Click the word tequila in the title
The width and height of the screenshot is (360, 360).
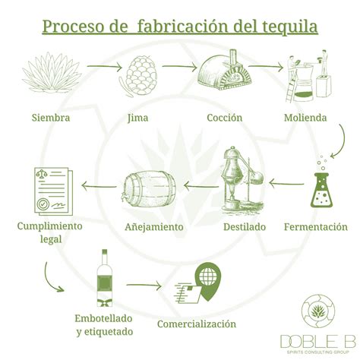(283, 28)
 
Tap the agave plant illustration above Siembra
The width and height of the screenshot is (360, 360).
(51, 74)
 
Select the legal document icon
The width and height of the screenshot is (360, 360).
(49, 190)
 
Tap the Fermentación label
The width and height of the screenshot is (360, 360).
(316, 226)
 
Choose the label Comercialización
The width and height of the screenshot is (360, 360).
(196, 324)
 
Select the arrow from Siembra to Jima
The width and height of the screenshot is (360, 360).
(103, 67)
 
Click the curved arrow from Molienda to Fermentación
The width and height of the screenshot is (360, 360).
(332, 139)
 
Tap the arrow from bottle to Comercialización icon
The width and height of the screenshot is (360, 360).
(144, 286)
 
